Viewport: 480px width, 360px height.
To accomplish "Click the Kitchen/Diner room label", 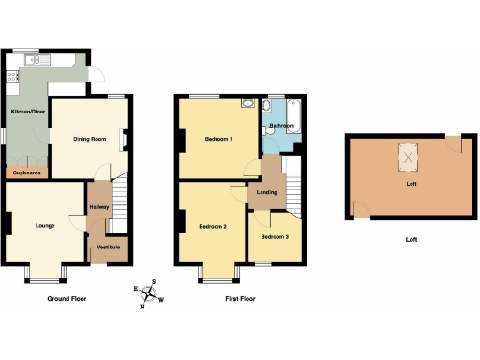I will click(28, 112).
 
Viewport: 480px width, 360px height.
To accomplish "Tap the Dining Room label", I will click(89, 140).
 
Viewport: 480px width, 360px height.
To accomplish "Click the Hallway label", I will click(98, 207).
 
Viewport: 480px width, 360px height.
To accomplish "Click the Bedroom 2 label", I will click(214, 226).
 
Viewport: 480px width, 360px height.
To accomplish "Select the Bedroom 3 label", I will click(275, 237).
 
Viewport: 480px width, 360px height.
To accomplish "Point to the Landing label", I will click(266, 193).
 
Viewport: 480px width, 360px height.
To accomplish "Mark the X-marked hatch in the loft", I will click(410, 157).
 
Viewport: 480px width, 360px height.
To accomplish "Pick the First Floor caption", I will click(238, 299).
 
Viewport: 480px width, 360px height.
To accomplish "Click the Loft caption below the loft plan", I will click(411, 239).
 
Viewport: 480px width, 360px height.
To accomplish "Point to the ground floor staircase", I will click(115, 217).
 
